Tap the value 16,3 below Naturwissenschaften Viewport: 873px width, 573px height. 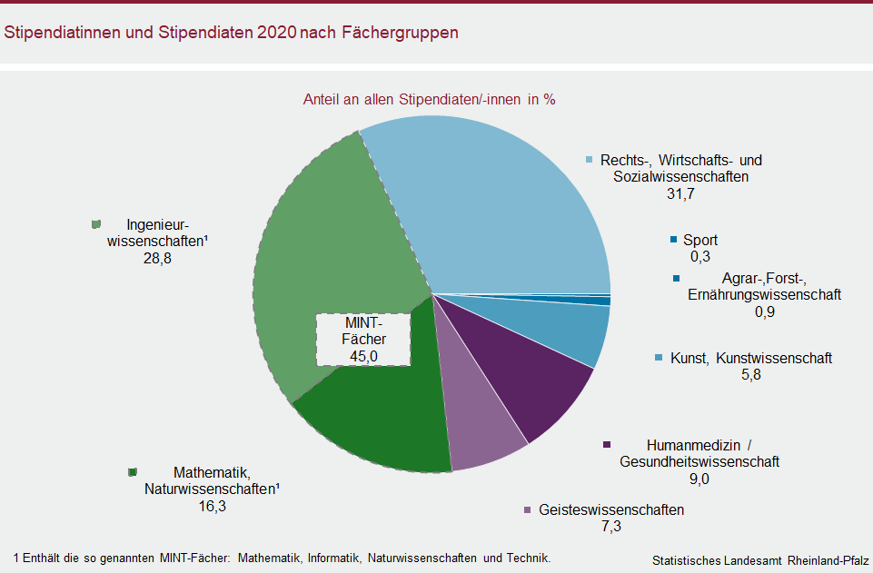point(211,506)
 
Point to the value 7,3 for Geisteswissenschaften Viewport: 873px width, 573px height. point(610,527)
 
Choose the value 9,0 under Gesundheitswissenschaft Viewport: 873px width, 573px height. point(699,479)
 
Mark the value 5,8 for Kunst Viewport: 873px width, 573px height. point(751,375)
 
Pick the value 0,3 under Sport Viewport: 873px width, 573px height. point(700,257)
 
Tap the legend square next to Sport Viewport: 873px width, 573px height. point(673,240)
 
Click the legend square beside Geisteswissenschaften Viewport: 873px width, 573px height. point(528,510)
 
